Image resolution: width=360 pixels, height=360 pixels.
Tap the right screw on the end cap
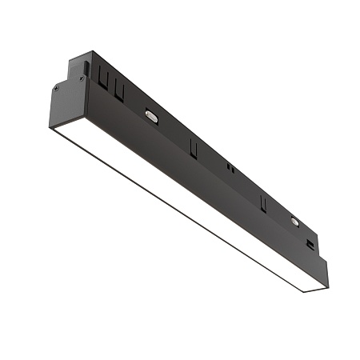coord(82,79)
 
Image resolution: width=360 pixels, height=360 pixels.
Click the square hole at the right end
coord(312,239)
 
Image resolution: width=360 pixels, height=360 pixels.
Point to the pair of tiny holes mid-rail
coord(230,168)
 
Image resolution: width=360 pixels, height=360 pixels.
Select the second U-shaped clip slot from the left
coord(118,90)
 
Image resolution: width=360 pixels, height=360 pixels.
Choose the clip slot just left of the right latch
coord(262,201)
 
